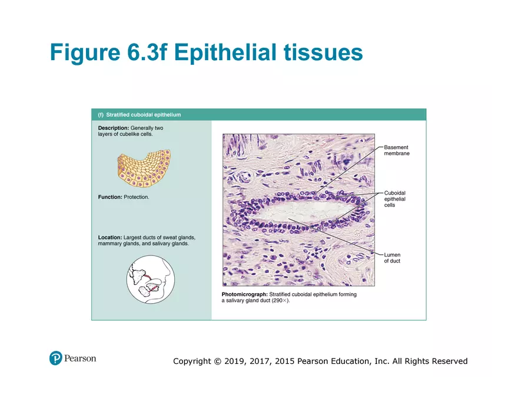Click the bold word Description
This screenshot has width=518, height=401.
point(113,128)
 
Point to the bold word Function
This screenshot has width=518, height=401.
point(110,197)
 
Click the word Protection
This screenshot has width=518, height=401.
point(137,197)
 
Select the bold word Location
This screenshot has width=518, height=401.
point(109,237)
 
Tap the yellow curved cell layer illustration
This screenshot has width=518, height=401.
point(143,166)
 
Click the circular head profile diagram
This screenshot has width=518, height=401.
point(151,279)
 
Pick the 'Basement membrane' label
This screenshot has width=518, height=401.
point(396,150)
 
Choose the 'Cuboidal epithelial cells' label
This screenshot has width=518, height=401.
point(394,199)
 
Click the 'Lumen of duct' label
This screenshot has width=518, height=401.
point(392,258)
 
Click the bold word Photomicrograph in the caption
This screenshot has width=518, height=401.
point(244,294)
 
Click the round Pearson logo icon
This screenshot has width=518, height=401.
point(56,358)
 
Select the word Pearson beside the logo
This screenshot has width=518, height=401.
point(80,358)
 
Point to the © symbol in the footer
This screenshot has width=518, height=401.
point(217,361)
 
